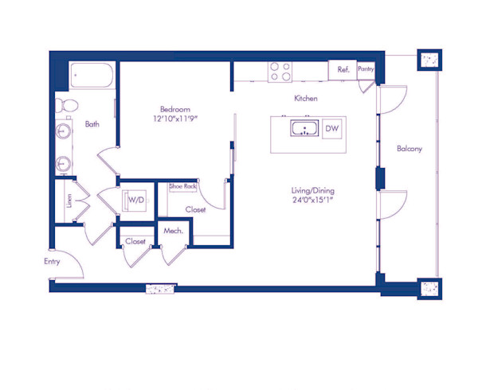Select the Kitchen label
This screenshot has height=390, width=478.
pos(306,99)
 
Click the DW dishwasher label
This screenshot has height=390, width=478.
pos(332,129)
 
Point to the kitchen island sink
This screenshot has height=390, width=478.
pos(304,130)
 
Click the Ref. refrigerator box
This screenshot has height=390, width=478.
pos(343,70)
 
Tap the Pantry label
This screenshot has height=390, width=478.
pos(366,69)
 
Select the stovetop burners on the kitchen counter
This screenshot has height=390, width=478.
pos(280,72)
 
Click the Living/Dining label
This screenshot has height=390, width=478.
pos(312,190)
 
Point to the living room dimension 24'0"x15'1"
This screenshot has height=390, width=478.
pos(312,201)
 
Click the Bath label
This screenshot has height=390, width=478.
pos(92,124)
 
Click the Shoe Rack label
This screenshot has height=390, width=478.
pos(182,186)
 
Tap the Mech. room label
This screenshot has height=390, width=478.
pos(173,231)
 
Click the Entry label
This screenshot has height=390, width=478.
pos(53,260)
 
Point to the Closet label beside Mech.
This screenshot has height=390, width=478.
pos(135,241)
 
